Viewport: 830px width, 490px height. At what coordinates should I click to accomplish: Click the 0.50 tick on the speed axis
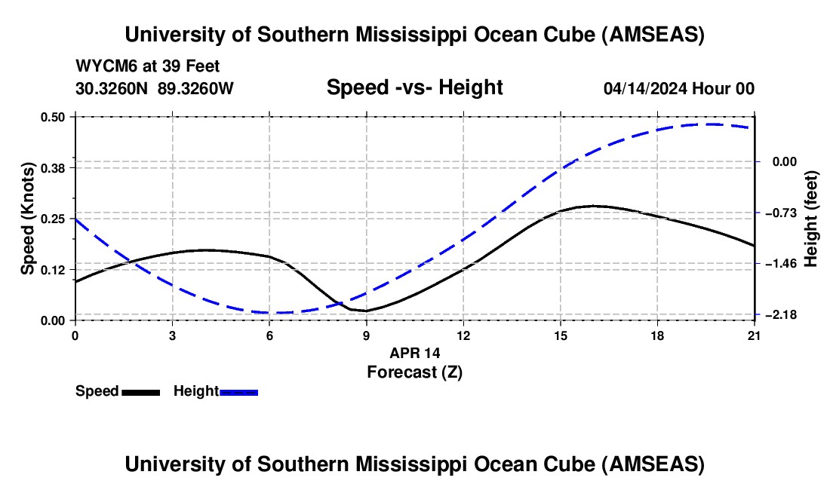(55, 117)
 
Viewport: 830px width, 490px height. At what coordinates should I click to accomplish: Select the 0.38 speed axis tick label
(55, 167)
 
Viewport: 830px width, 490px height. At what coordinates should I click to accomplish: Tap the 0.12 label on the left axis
(55, 269)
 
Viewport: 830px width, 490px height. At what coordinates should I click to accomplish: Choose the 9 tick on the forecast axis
(367, 335)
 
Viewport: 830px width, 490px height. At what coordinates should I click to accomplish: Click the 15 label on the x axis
(561, 335)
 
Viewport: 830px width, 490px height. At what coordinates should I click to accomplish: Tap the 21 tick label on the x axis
(755, 335)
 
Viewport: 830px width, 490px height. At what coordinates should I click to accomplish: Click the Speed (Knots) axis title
(28, 219)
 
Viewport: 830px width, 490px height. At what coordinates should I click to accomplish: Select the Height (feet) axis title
(811, 219)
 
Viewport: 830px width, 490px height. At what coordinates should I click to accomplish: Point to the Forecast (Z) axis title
(414, 372)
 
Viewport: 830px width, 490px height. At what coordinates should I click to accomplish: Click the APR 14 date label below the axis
(414, 353)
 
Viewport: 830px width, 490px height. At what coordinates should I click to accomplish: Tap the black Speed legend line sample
(140, 391)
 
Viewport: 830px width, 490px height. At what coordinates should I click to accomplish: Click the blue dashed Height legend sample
(239, 391)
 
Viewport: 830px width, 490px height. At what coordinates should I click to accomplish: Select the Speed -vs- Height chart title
(414, 87)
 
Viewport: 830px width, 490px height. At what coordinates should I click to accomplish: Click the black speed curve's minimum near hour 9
(366, 311)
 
